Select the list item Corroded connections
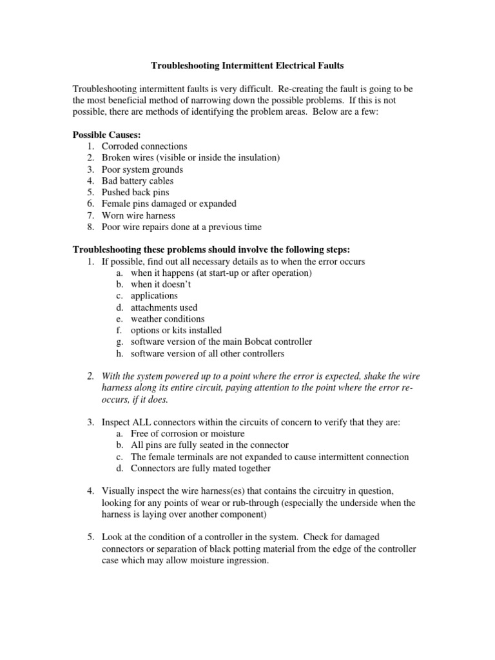tap(144, 147)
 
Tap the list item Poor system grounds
tap(142, 170)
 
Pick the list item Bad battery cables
tap(137, 181)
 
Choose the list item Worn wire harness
tap(138, 215)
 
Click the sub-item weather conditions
tap(168, 319)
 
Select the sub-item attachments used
tap(164, 307)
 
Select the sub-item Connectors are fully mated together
tap(200, 468)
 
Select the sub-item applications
tap(154, 296)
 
